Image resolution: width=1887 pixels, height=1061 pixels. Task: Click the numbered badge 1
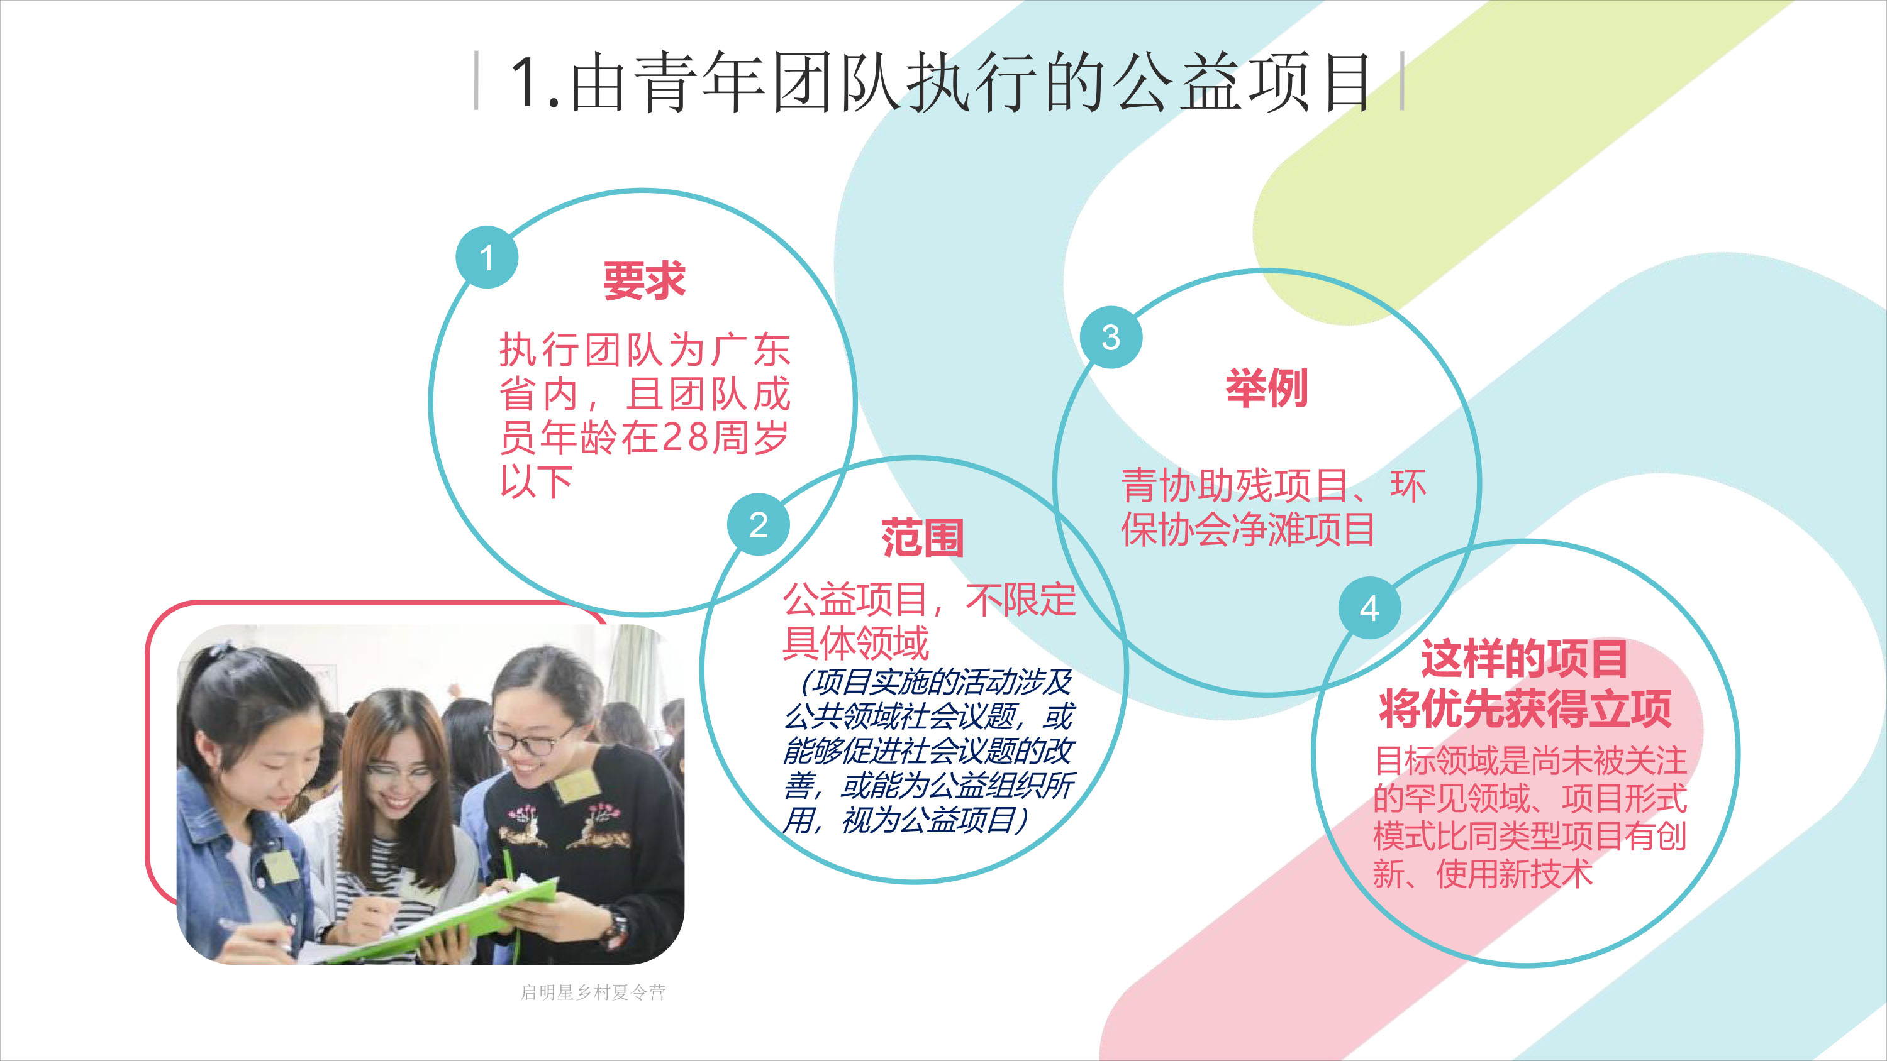pyautogui.click(x=486, y=257)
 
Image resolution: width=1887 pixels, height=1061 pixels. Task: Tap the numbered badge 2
pyautogui.click(x=758, y=524)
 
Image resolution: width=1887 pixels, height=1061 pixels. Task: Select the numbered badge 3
pyautogui.click(x=1111, y=337)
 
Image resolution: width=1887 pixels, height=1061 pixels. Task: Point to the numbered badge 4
pyautogui.click(x=1369, y=607)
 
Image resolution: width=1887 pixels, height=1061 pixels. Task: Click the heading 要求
pyautogui.click(x=644, y=280)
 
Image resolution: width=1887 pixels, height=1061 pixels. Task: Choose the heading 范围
pyautogui.click(x=922, y=537)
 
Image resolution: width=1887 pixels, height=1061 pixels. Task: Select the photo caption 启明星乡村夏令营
pyautogui.click(x=593, y=992)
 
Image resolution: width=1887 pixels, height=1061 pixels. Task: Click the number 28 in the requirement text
pyautogui.click(x=685, y=437)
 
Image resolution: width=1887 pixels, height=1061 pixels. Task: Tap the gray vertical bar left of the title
pyautogui.click(x=477, y=80)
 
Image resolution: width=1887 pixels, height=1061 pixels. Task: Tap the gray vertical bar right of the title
pyautogui.click(x=1402, y=80)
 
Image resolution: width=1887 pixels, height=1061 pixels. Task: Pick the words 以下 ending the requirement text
pyautogui.click(x=536, y=481)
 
